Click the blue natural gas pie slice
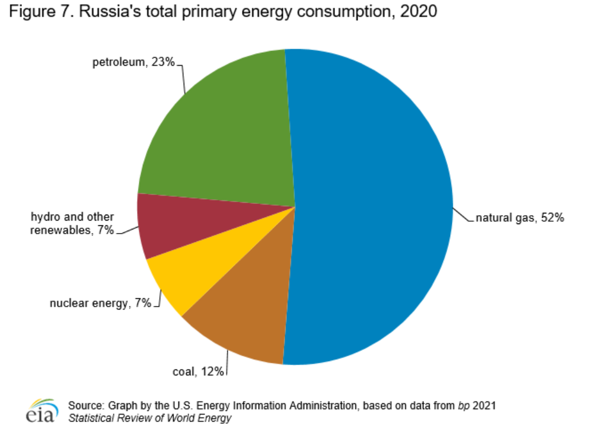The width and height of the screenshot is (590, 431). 374,207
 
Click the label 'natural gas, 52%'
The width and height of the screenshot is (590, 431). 519,218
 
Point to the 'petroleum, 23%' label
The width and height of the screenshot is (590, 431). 133,62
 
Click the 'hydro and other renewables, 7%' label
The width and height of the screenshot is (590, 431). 72,224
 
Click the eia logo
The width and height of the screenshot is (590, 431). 42,411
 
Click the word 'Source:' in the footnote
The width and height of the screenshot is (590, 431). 87,406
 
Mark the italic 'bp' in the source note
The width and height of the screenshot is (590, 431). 463,406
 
